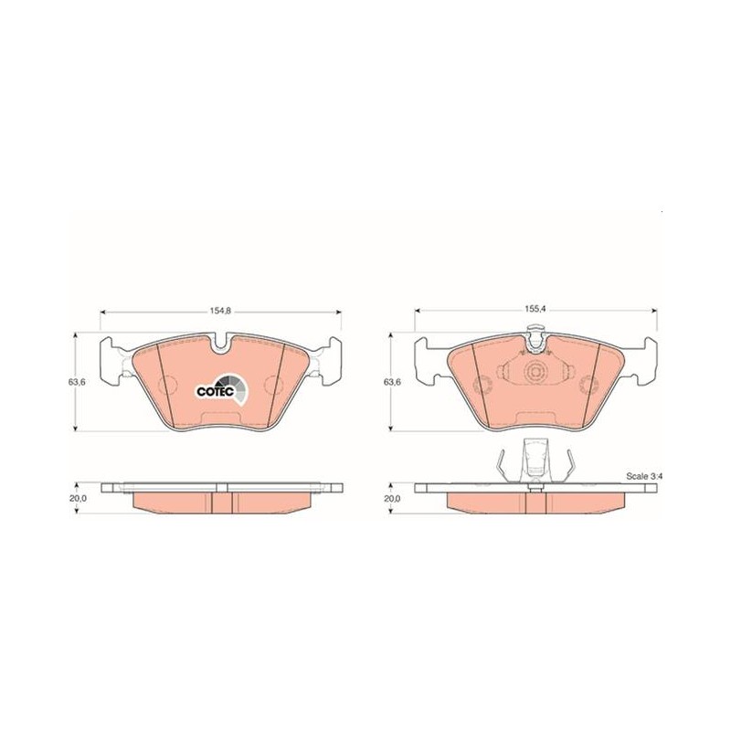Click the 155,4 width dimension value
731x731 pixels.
click(x=536, y=310)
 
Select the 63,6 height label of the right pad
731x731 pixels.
click(x=392, y=382)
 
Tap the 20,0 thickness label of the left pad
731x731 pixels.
click(x=77, y=498)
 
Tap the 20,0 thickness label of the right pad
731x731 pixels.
click(x=392, y=498)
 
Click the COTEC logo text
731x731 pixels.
click(x=215, y=392)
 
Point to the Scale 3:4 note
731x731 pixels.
click(x=644, y=476)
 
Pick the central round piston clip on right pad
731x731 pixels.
click(x=535, y=372)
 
